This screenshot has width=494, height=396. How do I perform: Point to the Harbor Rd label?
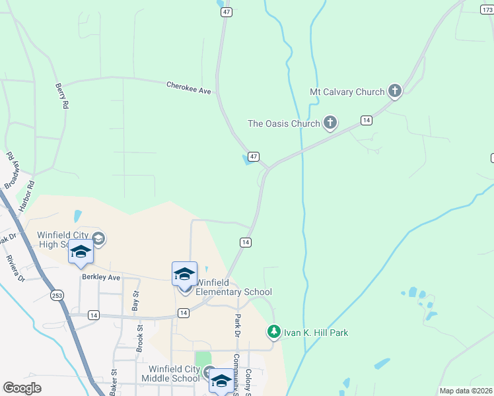pyautogui.click(x=26, y=196)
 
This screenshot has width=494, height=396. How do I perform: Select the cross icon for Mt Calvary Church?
pyautogui.click(x=395, y=91)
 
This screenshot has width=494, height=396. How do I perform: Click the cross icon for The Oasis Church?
pyautogui.click(x=330, y=123)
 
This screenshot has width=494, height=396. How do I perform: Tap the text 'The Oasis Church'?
pyautogui.click(x=284, y=123)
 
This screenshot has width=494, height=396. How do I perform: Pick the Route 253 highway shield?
pyautogui.click(x=57, y=296)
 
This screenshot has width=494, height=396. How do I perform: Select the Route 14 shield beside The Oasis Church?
pyautogui.click(x=366, y=120)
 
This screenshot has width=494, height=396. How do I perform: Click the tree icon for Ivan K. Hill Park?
pyautogui.click(x=274, y=332)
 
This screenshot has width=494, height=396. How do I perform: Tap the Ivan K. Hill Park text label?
pyautogui.click(x=316, y=333)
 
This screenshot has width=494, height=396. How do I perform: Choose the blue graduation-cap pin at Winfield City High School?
pyautogui.click(x=81, y=253)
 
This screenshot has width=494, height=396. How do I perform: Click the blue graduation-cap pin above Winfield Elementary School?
pyautogui.click(x=184, y=273)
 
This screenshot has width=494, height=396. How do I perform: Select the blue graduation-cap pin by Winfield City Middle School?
pyautogui.click(x=221, y=381)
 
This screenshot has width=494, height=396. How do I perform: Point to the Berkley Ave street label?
pyautogui.click(x=101, y=278)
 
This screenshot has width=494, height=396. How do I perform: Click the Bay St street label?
pyautogui.click(x=135, y=302)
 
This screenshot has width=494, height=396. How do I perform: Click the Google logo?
pyautogui.click(x=22, y=388)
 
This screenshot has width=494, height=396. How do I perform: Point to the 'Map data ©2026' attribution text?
pyautogui.click(x=465, y=391)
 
